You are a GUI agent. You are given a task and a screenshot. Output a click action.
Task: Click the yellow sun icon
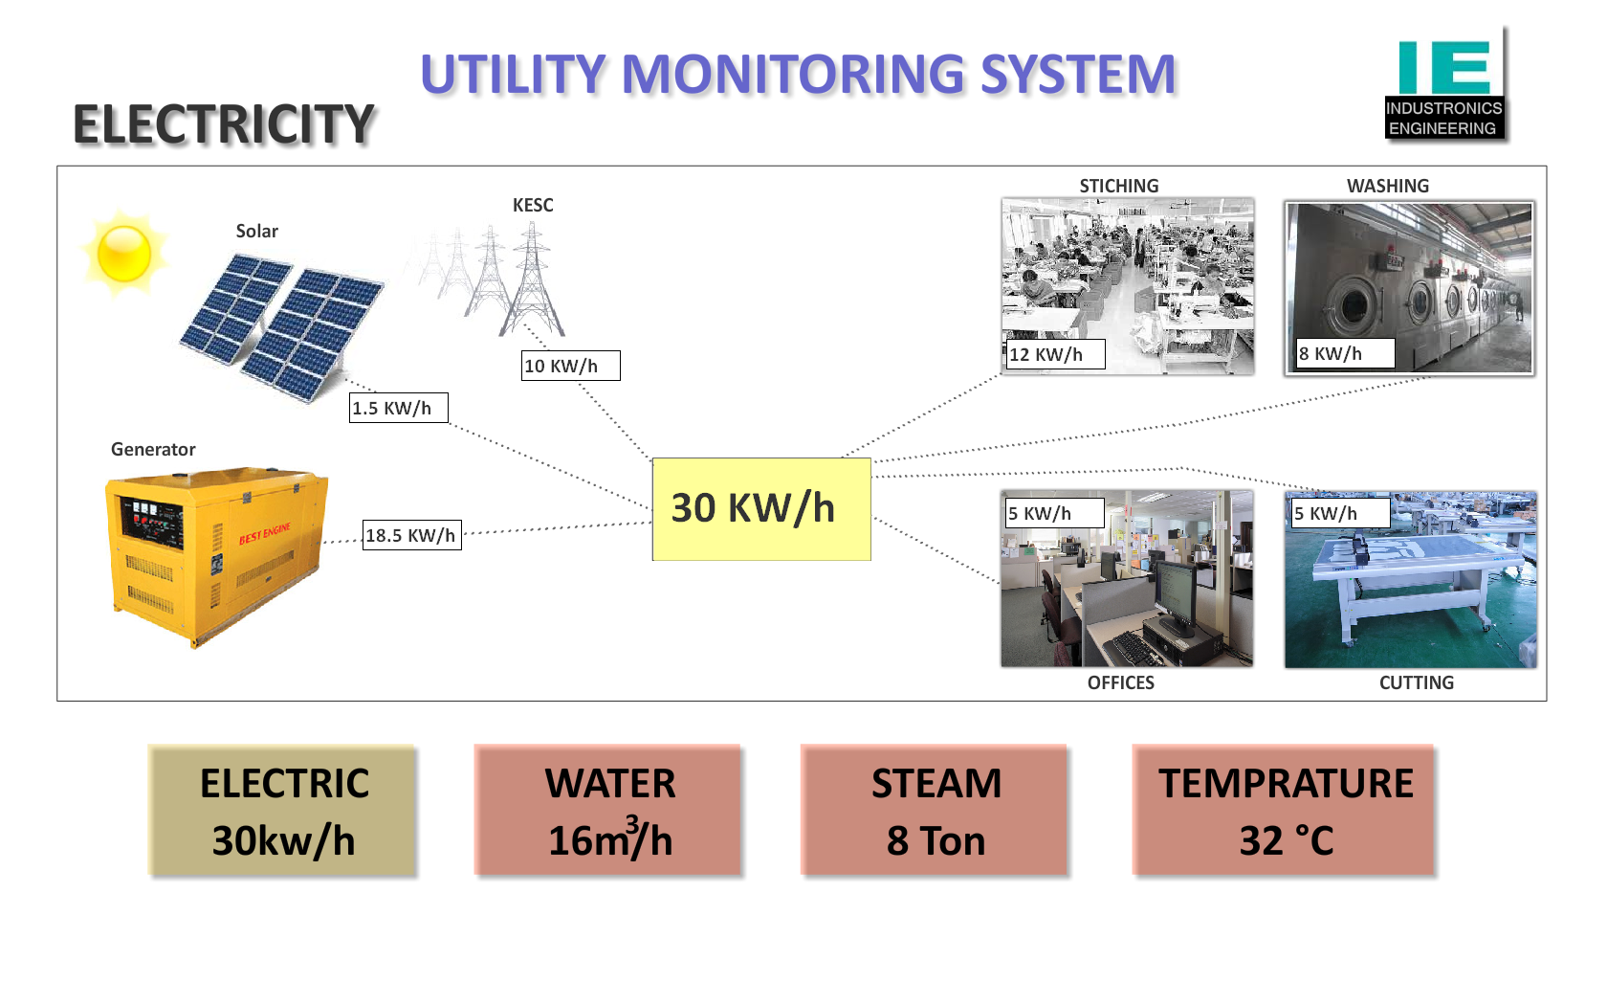[x=124, y=253]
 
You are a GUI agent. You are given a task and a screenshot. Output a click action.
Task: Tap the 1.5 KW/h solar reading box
[x=398, y=408]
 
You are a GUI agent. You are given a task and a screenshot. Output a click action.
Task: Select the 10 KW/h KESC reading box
[x=570, y=366]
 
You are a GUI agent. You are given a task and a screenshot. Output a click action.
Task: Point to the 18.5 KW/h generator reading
[x=411, y=535]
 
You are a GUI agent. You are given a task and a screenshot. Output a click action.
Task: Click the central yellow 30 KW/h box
[x=760, y=508]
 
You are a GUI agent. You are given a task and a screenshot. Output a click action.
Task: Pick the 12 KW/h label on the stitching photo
[x=1055, y=354]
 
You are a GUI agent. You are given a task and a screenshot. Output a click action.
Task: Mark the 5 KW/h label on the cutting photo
[x=1336, y=513]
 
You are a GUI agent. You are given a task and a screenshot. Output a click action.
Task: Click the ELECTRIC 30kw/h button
[x=283, y=811]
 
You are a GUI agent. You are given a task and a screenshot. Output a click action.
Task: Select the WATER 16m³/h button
[x=609, y=811]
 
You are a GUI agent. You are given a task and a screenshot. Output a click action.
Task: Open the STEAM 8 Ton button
[x=936, y=811]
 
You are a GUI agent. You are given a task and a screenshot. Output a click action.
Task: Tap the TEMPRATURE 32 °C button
[x=1285, y=811]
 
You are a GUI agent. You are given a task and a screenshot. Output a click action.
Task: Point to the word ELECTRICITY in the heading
[x=224, y=125]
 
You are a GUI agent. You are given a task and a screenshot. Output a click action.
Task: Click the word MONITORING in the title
[x=793, y=75]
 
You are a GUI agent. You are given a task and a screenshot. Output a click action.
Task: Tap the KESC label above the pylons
[x=533, y=206]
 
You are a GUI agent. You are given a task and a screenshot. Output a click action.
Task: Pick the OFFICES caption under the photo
[x=1120, y=682]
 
